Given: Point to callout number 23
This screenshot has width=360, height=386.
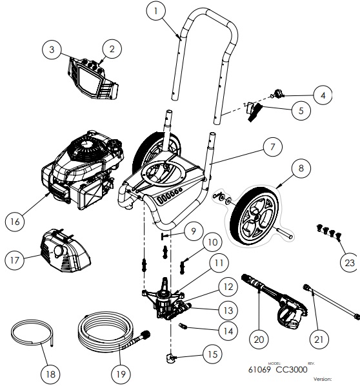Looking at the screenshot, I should point(349,262).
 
